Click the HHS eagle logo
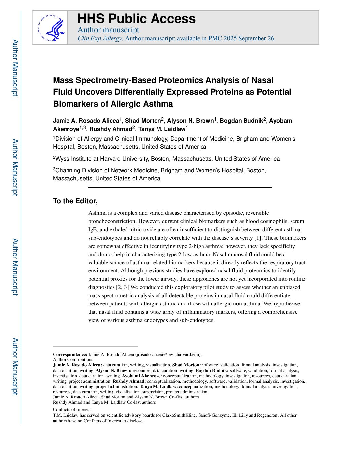click(51, 28)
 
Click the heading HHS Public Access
click(136, 19)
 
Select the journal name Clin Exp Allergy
click(100, 38)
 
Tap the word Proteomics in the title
click(180, 80)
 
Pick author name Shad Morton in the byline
click(143, 121)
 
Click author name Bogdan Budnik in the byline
click(241, 121)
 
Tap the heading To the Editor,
click(75, 201)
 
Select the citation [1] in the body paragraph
click(258, 238)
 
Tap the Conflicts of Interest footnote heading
click(72, 409)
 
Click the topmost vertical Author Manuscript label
click(15, 68)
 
